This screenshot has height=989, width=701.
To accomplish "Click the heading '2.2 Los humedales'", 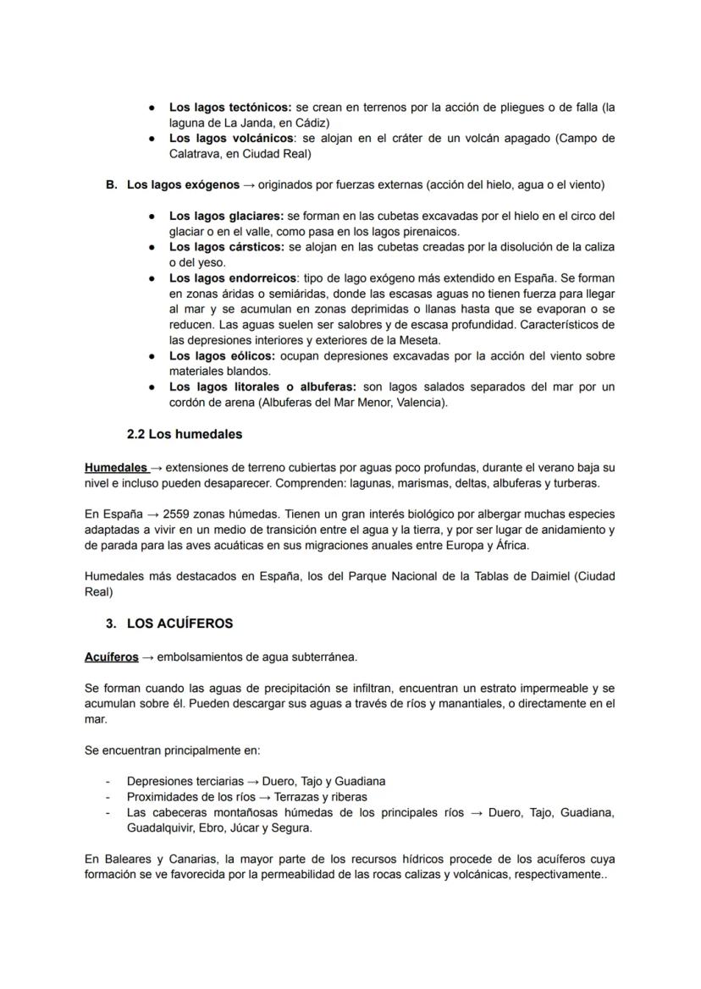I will [x=184, y=434].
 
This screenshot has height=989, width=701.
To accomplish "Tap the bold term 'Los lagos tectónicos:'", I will [x=230, y=107].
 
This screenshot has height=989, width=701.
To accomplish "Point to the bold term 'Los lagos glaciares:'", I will [x=227, y=216].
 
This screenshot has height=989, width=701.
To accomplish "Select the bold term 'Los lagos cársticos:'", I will [x=227, y=247].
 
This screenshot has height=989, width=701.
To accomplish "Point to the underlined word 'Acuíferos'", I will [x=111, y=657].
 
